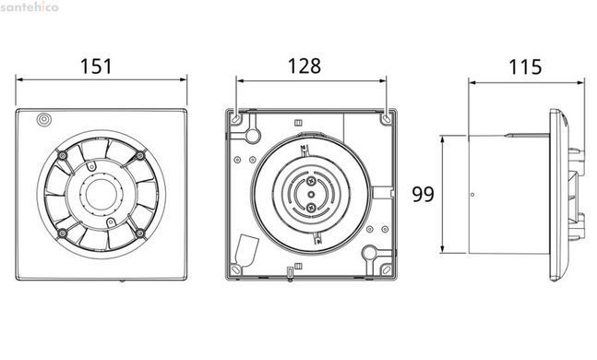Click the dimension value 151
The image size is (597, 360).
pyautogui.click(x=96, y=66)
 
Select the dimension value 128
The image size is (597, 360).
pyautogui.click(x=304, y=66)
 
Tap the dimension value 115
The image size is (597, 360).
pyautogui.click(x=525, y=66)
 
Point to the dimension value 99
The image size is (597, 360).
pyautogui.click(x=423, y=194)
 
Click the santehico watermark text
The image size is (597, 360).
pyautogui.click(x=30, y=6)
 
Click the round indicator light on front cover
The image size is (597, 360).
pyautogui.click(x=44, y=120)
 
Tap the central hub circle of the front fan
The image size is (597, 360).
pyautogui.click(x=98, y=194)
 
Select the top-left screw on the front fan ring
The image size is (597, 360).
pyautogui.click(x=63, y=155)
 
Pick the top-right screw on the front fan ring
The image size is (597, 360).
pyautogui.click(x=139, y=155)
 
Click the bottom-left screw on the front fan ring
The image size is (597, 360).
pyautogui.click(x=63, y=234)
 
